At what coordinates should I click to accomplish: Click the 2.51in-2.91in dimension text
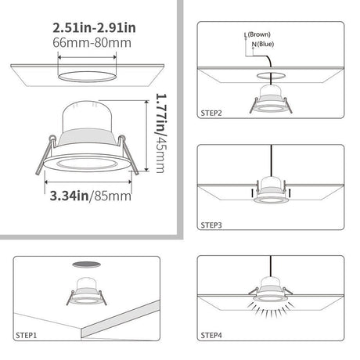[94, 28]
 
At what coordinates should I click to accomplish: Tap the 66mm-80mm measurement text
[92, 43]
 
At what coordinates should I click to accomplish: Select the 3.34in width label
[69, 196]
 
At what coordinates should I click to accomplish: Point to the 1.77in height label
[160, 114]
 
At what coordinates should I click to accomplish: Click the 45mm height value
[160, 155]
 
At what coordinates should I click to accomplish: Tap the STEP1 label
[27, 335]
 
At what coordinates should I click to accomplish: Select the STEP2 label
[211, 113]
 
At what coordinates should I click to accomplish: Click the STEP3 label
[211, 225]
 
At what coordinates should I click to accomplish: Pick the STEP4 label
[211, 335]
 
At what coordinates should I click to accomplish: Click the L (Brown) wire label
[257, 34]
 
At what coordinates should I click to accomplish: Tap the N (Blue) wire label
[263, 44]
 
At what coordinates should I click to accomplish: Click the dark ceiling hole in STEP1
[86, 265]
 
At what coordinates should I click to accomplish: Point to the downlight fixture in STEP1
[86, 291]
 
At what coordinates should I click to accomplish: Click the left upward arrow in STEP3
[252, 193]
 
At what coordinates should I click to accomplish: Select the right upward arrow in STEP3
[290, 193]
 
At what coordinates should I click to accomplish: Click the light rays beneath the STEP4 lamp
[271, 310]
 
